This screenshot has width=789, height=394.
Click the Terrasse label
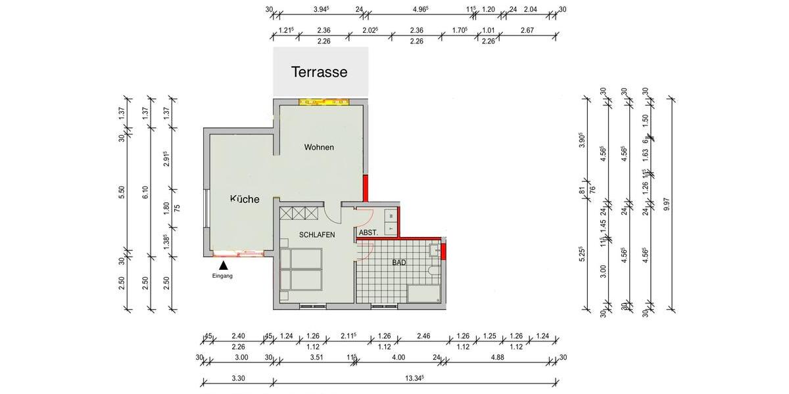pos(319,72)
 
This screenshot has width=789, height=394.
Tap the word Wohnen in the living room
pos(319,147)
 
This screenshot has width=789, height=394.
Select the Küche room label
pos(245,199)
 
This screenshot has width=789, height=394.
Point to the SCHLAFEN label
pos(318,234)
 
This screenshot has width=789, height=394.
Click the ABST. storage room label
pos(368,233)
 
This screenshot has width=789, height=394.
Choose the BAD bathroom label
pos(399,263)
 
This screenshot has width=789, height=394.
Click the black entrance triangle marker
pos(224,265)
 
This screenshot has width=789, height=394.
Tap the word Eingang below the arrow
pos(223,276)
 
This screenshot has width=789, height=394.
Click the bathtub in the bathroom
pos(423,294)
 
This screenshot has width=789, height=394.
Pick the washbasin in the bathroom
pos(435,250)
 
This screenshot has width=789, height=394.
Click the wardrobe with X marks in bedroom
pos(299,213)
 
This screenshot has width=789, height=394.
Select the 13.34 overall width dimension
pos(414,378)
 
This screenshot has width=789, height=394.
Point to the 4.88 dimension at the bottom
pos(498,357)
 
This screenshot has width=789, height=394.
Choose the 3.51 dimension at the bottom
pos(316,357)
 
